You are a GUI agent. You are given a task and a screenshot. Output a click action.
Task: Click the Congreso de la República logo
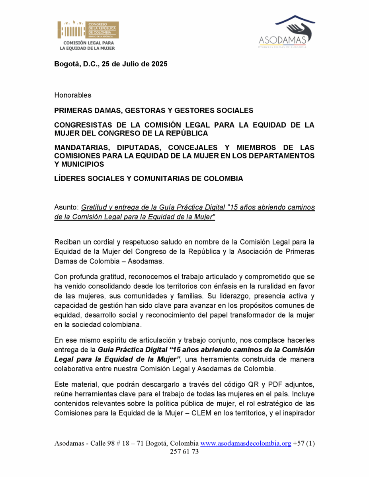[x=88, y=35]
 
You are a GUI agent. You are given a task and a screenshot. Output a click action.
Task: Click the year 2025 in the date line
[x=158, y=64]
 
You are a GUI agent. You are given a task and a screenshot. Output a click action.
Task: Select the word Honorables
[x=73, y=95]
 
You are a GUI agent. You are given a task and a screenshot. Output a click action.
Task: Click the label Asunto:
[x=66, y=208]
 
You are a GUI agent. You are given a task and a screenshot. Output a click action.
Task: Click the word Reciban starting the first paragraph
[x=67, y=242]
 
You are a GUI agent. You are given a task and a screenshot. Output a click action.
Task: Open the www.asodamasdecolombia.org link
[x=246, y=444]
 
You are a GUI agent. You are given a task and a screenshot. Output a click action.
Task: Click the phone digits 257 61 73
[x=184, y=452]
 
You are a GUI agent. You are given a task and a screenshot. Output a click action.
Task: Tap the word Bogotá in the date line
[x=67, y=64]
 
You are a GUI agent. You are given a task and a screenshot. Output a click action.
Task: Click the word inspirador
[x=296, y=413]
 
